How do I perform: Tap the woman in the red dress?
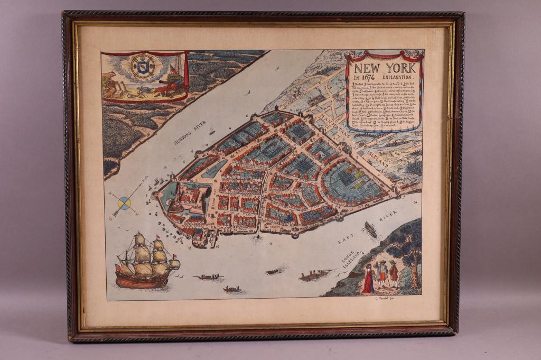tap(368, 280)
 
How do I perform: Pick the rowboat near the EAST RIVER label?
tap(370, 229)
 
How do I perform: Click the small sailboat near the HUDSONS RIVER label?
tap(211, 131)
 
